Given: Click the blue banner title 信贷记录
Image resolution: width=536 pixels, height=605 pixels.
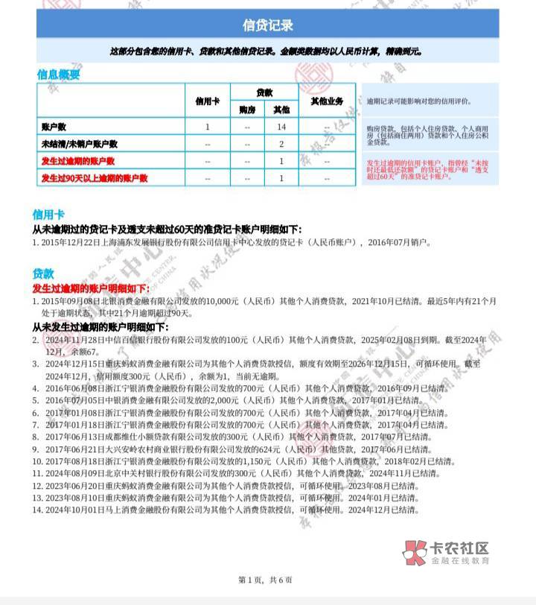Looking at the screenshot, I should (x=268, y=25).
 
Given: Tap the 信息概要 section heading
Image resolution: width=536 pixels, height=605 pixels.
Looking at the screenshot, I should (x=58, y=75).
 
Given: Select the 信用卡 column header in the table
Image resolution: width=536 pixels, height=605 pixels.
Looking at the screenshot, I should (x=207, y=101).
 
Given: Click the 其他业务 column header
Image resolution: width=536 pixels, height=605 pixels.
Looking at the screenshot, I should (x=326, y=101).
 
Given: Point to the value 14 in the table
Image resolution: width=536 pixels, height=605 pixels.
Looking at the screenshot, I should (x=281, y=127).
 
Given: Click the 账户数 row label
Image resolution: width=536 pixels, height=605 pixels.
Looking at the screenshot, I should (x=57, y=127).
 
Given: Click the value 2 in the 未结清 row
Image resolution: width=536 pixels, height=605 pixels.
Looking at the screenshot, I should (x=281, y=144).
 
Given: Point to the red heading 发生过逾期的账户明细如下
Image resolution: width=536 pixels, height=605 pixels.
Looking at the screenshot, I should (x=91, y=288).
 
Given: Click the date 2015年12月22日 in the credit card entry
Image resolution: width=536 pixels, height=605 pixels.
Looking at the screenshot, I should (x=71, y=242).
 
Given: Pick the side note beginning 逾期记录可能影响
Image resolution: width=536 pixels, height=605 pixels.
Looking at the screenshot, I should (x=417, y=101).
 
